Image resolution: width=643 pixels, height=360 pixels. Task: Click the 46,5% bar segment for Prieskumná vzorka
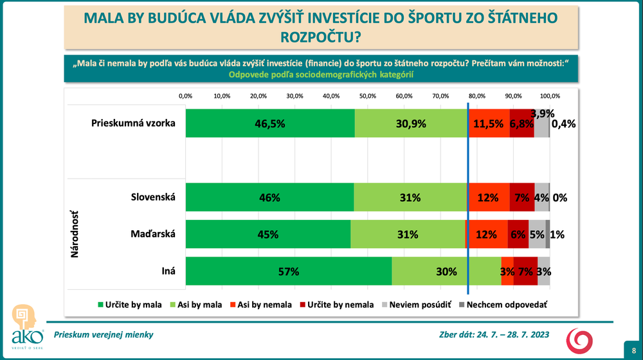point(270,123)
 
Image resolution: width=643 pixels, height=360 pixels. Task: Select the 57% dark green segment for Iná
point(288,271)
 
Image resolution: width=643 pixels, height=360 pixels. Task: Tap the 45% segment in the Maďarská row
point(268,235)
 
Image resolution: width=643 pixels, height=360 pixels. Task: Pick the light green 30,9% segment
point(411,123)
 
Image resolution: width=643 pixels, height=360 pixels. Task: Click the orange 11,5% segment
point(489,123)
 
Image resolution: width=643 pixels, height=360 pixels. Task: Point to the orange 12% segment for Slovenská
point(489,198)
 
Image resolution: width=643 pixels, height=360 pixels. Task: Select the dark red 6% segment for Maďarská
point(518,235)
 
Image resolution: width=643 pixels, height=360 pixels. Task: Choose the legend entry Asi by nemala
point(260,305)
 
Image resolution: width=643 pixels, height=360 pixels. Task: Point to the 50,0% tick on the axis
point(368,96)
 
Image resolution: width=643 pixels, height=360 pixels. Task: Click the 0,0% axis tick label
point(186,96)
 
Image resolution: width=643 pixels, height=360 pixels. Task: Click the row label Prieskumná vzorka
point(134,123)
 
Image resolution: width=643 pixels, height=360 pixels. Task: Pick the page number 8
point(633,349)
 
